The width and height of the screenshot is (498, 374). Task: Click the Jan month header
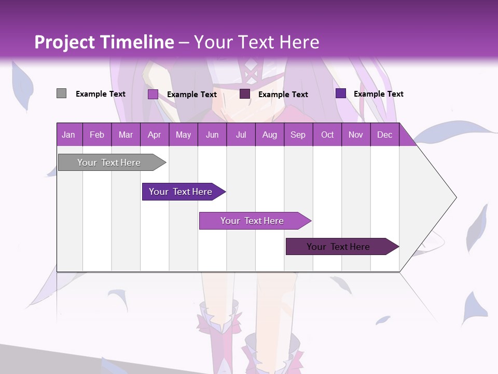(68, 135)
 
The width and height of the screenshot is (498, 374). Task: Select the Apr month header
(154, 135)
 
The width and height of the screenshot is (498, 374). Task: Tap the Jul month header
(241, 135)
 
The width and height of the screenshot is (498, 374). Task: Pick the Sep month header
(298, 135)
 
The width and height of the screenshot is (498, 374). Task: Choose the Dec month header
(384, 135)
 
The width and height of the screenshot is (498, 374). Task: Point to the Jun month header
(212, 135)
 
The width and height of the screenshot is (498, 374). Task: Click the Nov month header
(355, 135)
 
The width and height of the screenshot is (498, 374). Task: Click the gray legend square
(61, 94)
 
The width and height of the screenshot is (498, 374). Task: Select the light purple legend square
(153, 94)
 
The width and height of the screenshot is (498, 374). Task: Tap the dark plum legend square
(245, 94)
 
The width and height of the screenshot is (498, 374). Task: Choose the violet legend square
(341, 94)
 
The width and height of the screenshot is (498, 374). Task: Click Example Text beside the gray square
(101, 94)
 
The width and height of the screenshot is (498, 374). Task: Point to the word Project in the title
(65, 42)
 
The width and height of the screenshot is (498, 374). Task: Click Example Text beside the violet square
(378, 94)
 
